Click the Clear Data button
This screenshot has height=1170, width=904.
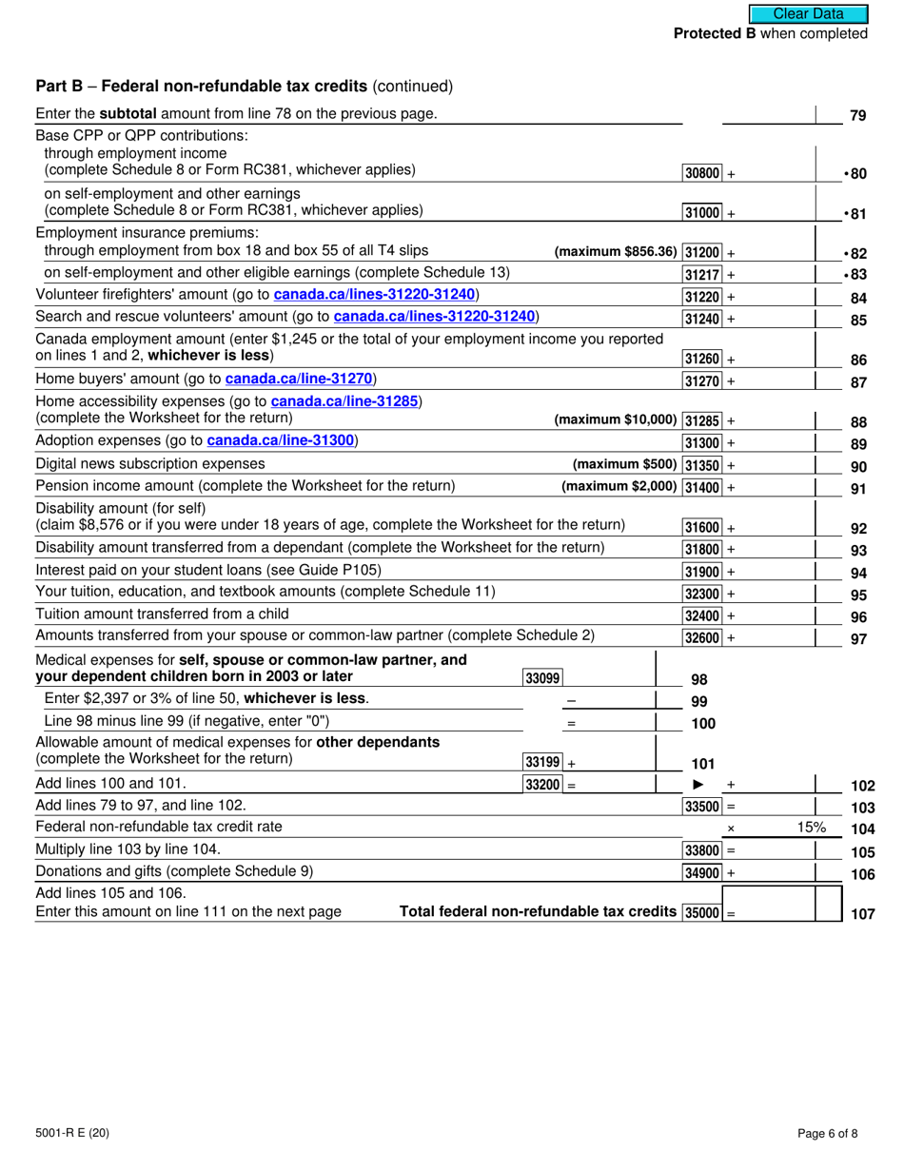click(808, 13)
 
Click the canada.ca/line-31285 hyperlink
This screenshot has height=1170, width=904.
click(344, 401)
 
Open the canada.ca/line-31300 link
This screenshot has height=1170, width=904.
click(281, 440)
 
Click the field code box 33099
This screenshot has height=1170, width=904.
click(541, 678)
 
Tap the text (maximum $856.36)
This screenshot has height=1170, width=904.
click(615, 252)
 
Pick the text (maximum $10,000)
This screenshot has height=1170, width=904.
click(615, 420)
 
